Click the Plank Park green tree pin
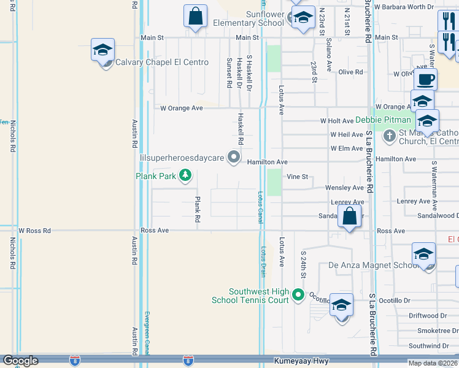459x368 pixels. (x=185, y=177)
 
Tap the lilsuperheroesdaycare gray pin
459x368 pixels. (x=234, y=158)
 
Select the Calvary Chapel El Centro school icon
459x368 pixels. (x=103, y=51)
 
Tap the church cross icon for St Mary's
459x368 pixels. (x=389, y=136)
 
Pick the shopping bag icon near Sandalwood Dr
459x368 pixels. (x=349, y=217)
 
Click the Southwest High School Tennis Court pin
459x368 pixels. (x=298, y=295)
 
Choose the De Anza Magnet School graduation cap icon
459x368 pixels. (x=423, y=255)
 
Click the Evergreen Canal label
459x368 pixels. (x=147, y=332)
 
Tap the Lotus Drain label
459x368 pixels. (x=263, y=261)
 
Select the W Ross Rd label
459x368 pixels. (x=34, y=231)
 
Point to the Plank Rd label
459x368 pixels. (x=198, y=209)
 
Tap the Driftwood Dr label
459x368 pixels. (x=427, y=315)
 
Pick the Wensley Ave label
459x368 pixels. (x=347, y=188)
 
